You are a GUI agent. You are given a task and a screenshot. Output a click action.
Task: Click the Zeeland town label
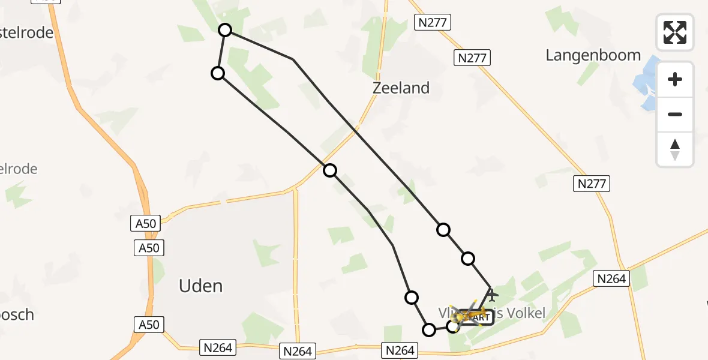pos(401,88)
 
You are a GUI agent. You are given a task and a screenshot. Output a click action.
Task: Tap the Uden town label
pos(200,286)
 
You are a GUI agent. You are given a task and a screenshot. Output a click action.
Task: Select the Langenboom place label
pos(593,56)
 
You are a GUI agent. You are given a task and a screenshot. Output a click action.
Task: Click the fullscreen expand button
pos(675,32)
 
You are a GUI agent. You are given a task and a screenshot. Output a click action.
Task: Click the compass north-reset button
pos(675,149)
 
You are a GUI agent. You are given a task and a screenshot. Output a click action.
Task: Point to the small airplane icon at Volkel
pos(492,295)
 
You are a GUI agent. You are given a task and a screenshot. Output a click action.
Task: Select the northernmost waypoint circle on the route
pos(225,30)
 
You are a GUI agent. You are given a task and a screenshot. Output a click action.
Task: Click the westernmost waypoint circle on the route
pos(218,73)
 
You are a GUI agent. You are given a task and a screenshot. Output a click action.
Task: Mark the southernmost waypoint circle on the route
pos(429,329)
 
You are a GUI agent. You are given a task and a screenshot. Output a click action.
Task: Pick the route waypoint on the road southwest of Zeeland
pos(330,170)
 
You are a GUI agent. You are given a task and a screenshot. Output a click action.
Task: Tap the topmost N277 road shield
pos(432,23)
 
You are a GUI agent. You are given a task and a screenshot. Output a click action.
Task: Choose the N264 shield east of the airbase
pos(611,278)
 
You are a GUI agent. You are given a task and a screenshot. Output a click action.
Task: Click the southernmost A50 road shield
pos(149,325)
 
